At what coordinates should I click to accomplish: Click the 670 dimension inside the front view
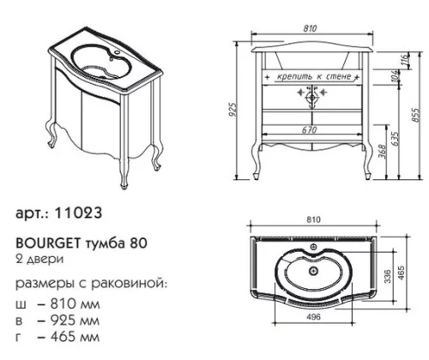(310, 129)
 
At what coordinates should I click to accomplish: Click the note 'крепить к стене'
(311, 77)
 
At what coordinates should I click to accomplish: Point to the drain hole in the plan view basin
(311, 268)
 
